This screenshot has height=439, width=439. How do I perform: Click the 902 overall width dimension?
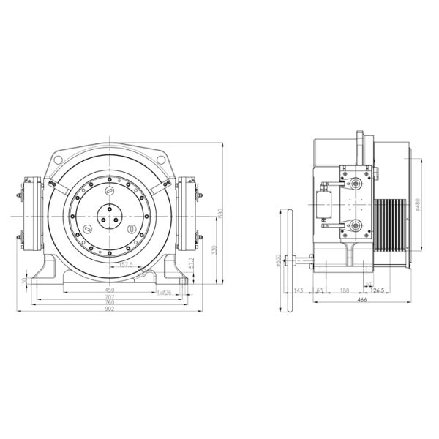click(109, 309)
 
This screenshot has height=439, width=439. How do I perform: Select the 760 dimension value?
click(109, 302)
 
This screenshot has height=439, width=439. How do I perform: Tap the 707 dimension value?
click(109, 296)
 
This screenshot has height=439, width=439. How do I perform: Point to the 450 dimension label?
click(109, 290)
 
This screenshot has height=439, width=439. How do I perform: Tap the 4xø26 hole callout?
click(164, 292)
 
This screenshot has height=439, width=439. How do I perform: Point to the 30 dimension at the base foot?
click(25, 279)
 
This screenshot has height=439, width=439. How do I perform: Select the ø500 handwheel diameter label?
click(277, 260)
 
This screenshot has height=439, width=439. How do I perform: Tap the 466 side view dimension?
click(361, 300)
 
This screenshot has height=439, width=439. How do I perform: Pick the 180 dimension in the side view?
click(345, 290)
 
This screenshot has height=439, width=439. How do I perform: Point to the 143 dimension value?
click(298, 290)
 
